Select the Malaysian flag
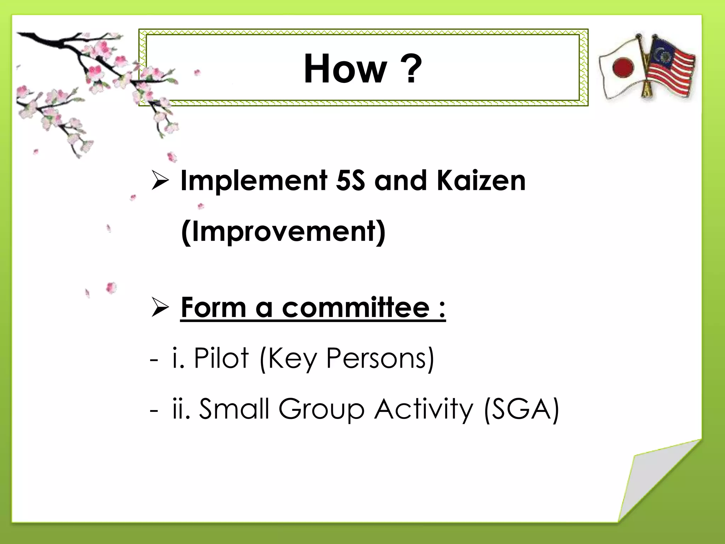pos(669,69)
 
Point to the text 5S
pos(350,181)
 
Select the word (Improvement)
pos(283,232)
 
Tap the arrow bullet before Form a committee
pos(160,307)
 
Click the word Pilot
pos(221,358)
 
